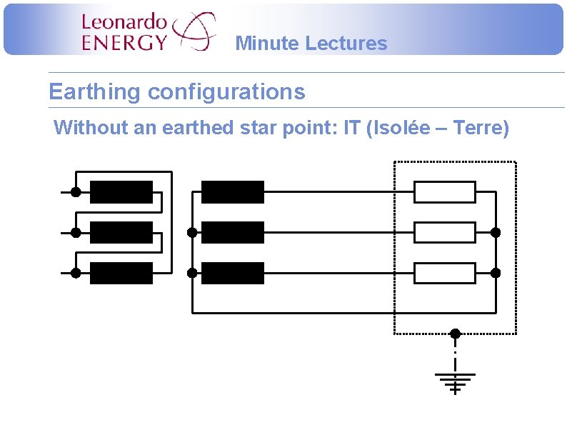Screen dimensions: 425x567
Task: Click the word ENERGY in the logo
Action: click(124, 42)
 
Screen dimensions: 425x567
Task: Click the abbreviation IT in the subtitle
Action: click(351, 129)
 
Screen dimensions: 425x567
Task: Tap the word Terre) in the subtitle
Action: click(481, 129)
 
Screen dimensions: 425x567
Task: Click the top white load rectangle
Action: click(445, 192)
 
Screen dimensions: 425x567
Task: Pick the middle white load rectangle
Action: click(445, 232)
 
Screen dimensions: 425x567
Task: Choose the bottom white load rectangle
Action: click(445, 273)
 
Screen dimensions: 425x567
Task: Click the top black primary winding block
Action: click(121, 192)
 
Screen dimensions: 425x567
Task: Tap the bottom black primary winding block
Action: click(121, 273)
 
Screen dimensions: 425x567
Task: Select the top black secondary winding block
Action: click(233, 192)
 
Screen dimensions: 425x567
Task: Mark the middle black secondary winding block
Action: click(233, 232)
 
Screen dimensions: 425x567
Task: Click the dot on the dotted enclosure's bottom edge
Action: click(455, 334)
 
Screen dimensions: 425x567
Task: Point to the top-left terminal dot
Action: click(75, 192)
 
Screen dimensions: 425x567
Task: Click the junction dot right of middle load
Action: click(496, 232)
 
